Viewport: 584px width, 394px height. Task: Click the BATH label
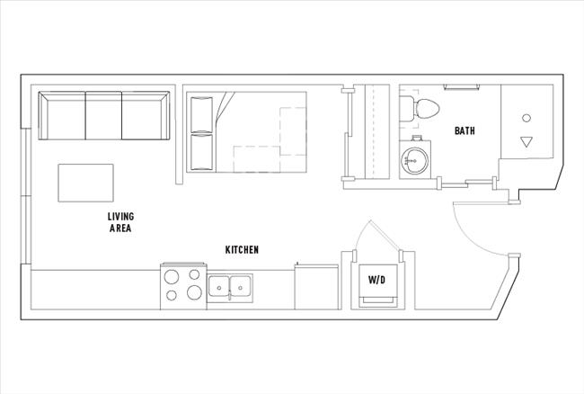(465, 131)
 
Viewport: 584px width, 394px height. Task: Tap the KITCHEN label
(242, 249)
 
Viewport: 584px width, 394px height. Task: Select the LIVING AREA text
(120, 223)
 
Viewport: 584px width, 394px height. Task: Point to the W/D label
(377, 280)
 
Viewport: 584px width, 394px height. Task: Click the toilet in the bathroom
(423, 109)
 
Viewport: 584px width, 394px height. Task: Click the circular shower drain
(526, 118)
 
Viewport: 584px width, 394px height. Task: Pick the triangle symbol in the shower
(526, 141)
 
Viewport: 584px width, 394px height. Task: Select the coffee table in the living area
(86, 183)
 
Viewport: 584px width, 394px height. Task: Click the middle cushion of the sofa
(103, 116)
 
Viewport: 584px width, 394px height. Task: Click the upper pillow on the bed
(201, 113)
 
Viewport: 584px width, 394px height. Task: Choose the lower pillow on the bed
(201, 152)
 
